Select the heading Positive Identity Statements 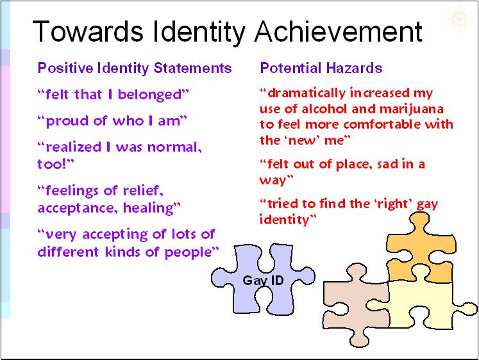click(x=135, y=68)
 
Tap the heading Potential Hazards click(x=321, y=68)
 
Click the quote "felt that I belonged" click(x=113, y=95)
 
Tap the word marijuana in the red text click(x=417, y=108)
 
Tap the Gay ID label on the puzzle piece click(x=263, y=281)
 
